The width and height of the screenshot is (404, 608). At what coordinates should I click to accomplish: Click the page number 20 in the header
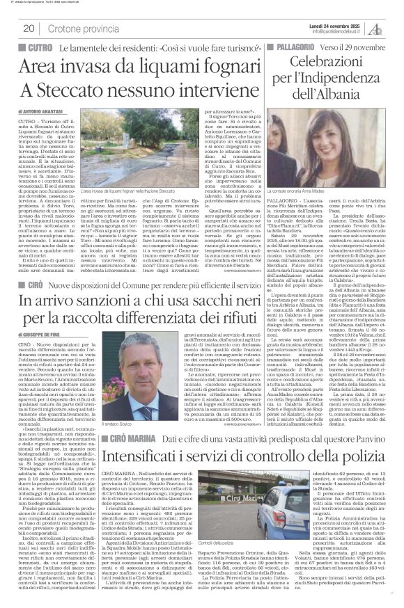29,29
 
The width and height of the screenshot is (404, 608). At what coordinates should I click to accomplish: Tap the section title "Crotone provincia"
79,29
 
